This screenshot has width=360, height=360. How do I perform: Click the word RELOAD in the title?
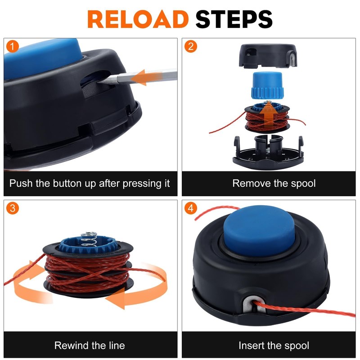point(138,19)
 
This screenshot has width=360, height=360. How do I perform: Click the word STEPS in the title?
point(234,19)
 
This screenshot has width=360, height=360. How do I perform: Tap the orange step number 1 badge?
point(13,46)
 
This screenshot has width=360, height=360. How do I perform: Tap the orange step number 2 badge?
point(190,46)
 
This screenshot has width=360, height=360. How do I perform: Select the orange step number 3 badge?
point(13,208)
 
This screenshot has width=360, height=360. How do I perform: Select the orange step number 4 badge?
point(190,208)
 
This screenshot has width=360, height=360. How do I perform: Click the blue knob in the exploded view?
point(267,85)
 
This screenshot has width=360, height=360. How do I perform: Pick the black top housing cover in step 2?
point(268,56)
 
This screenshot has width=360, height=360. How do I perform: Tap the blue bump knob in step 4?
point(259,230)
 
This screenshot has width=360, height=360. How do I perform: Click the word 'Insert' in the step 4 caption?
point(252,346)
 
